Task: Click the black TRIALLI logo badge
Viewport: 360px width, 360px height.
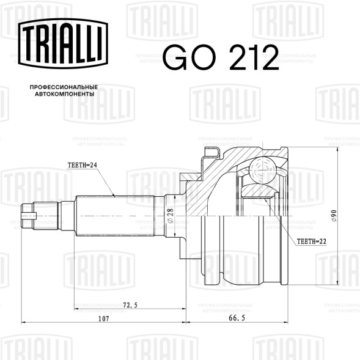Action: [63, 43]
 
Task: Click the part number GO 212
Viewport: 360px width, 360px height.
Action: [221, 57]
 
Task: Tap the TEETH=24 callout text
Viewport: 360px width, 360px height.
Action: [82, 165]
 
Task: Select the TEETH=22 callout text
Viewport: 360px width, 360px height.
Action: [311, 241]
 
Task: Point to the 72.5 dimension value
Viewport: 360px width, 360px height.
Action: [130, 305]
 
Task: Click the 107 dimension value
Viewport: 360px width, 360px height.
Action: [103, 318]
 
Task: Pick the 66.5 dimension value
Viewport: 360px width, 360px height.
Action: [237, 318]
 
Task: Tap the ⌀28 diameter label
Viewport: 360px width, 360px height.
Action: [171, 216]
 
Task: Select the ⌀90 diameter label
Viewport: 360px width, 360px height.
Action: [334, 216]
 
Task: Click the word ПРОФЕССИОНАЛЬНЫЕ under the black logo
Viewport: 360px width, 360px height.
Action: [64, 87]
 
